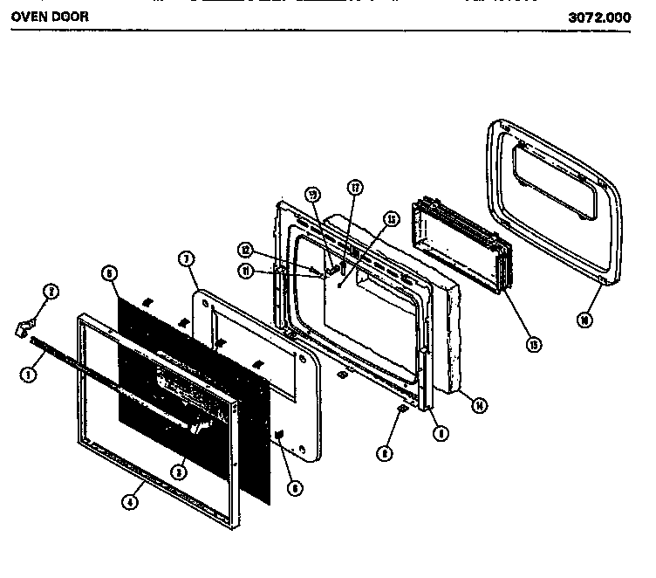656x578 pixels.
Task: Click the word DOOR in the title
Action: pos(69,16)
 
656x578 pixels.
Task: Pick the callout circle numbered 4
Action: pos(131,502)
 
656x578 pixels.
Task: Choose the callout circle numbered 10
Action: pos(583,320)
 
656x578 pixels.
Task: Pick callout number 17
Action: pos(355,187)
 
